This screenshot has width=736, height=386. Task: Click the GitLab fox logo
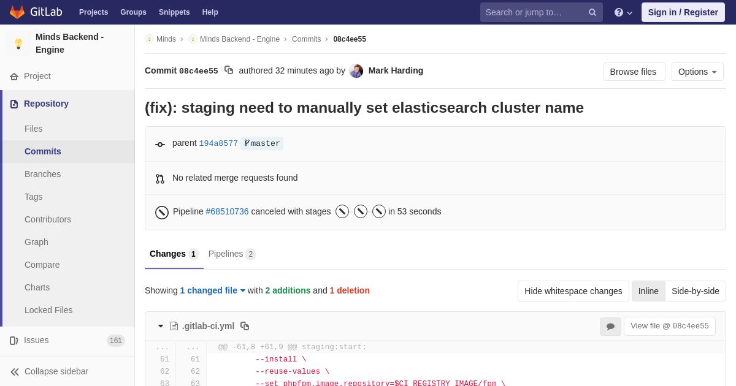pyautogui.click(x=17, y=12)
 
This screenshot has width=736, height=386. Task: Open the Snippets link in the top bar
pyautogui.click(x=174, y=12)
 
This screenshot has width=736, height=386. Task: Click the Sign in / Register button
pyautogui.click(x=683, y=12)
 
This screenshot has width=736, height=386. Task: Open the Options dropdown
pyautogui.click(x=697, y=72)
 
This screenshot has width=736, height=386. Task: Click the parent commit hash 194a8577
pyautogui.click(x=218, y=143)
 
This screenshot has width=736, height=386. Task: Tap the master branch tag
pyautogui.click(x=262, y=143)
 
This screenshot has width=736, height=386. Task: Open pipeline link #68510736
pyautogui.click(x=227, y=211)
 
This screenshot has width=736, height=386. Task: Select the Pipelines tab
pyautogui.click(x=232, y=254)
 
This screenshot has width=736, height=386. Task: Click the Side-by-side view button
pyautogui.click(x=696, y=291)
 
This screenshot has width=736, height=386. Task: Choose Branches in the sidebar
pyautogui.click(x=43, y=174)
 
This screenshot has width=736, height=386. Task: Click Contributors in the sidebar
pyautogui.click(x=48, y=219)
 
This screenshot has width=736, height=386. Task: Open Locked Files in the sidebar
pyautogui.click(x=48, y=310)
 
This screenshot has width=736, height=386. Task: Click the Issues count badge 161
pyautogui.click(x=116, y=341)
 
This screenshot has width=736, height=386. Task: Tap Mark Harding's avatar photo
pyautogui.click(x=356, y=71)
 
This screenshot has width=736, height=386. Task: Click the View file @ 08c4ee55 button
pyautogui.click(x=670, y=326)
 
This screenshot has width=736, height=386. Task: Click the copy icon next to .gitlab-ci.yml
pyautogui.click(x=245, y=326)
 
